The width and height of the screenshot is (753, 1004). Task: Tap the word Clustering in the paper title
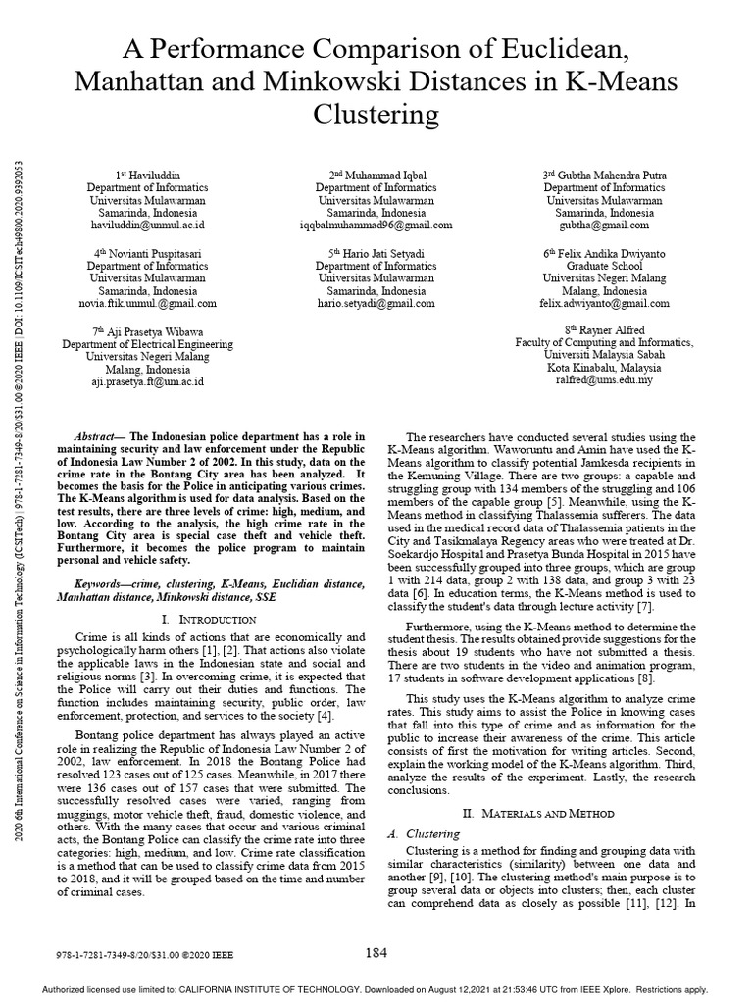376,115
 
